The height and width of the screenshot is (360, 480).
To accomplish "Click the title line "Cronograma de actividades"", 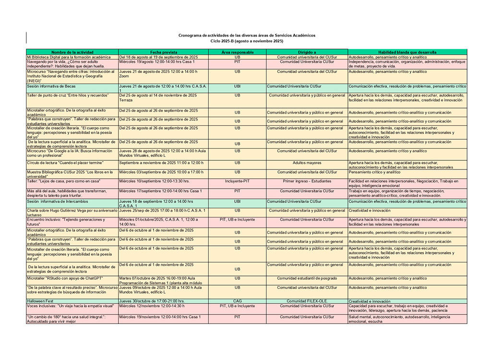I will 247,36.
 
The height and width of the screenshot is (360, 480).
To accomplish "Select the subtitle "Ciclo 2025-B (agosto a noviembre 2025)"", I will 247,41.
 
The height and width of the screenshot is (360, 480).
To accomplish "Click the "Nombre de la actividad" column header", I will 72,52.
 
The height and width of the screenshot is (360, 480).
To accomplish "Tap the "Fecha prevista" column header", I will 163,52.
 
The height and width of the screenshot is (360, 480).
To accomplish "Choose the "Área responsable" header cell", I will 237,52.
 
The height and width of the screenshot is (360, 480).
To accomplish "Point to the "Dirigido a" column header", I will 307,52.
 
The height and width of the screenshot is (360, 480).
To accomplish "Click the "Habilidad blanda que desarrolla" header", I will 407,52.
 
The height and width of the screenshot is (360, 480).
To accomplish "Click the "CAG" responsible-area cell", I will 237,301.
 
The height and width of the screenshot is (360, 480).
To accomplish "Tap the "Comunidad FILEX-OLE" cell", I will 307,301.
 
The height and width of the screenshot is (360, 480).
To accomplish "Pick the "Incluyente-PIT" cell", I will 237,181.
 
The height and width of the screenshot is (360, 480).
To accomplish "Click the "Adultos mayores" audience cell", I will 307,163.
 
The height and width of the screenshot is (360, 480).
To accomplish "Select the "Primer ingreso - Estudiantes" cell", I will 307,181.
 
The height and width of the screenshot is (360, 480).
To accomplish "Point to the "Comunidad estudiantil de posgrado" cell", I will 307,278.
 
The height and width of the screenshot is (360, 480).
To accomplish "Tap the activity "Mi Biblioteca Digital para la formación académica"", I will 65,57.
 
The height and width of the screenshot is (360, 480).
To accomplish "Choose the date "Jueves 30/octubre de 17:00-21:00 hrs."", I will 152,301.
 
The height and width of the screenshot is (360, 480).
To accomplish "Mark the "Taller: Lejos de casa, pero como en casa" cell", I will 63,181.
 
